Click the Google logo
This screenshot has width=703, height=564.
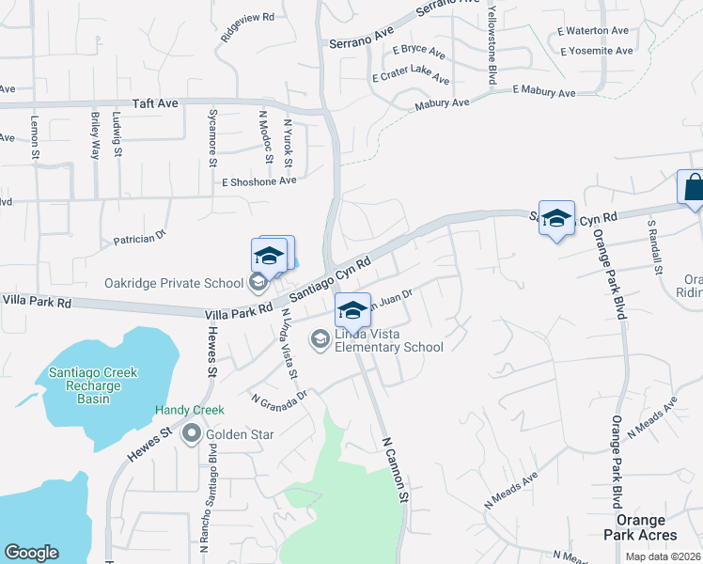click(31, 553)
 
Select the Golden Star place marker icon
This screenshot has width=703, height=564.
click(192, 433)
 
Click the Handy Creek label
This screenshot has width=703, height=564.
click(190, 411)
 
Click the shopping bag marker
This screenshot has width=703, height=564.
click(693, 187)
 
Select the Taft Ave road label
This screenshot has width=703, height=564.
click(155, 103)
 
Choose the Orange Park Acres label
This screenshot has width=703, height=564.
click(647, 527)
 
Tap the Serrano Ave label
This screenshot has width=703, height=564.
click(361, 41)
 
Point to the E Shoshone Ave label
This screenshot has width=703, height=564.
click(258, 181)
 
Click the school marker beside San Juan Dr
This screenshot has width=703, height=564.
click(352, 309)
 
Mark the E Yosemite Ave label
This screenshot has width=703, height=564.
click(594, 52)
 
